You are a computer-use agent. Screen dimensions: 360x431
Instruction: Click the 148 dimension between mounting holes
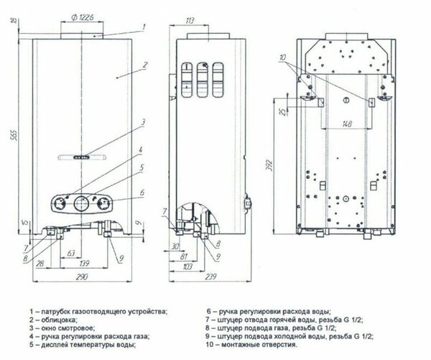347,124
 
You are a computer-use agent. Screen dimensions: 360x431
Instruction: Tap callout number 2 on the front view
144,65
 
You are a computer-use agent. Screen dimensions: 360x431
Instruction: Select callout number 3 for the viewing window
143,122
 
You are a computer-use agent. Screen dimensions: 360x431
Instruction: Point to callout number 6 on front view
142,192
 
